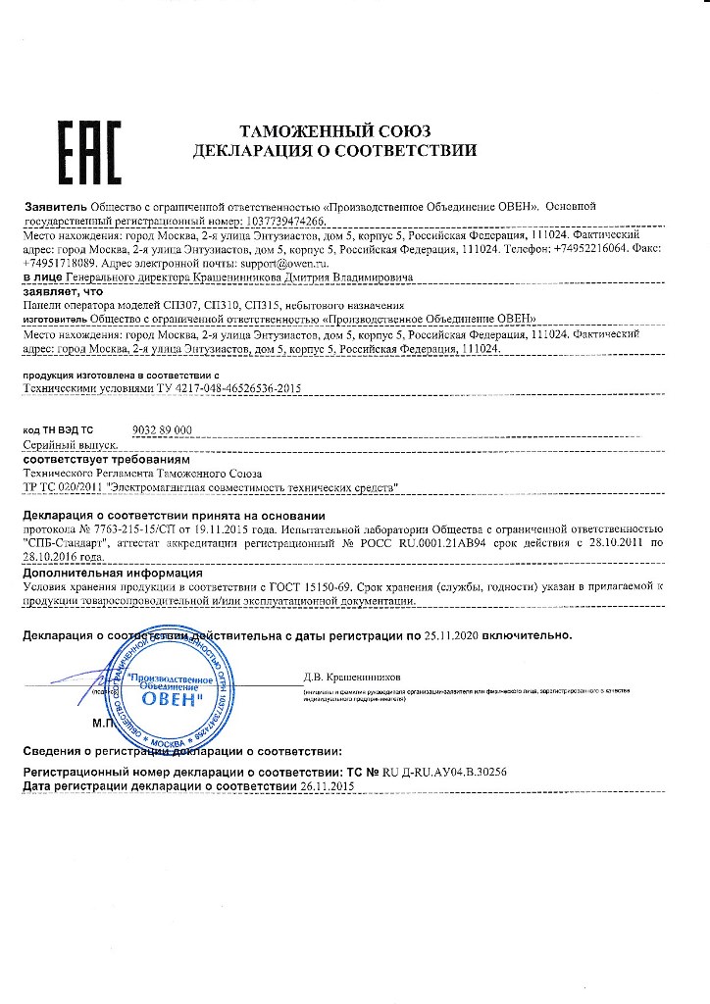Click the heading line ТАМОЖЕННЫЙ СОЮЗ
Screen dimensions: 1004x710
pyautogui.click(x=335, y=132)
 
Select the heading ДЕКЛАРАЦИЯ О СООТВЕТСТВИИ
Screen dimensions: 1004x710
pyautogui.click(x=335, y=152)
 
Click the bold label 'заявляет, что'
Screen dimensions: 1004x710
pyautogui.click(x=62, y=291)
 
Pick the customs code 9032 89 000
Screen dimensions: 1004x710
pyautogui.click(x=161, y=430)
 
